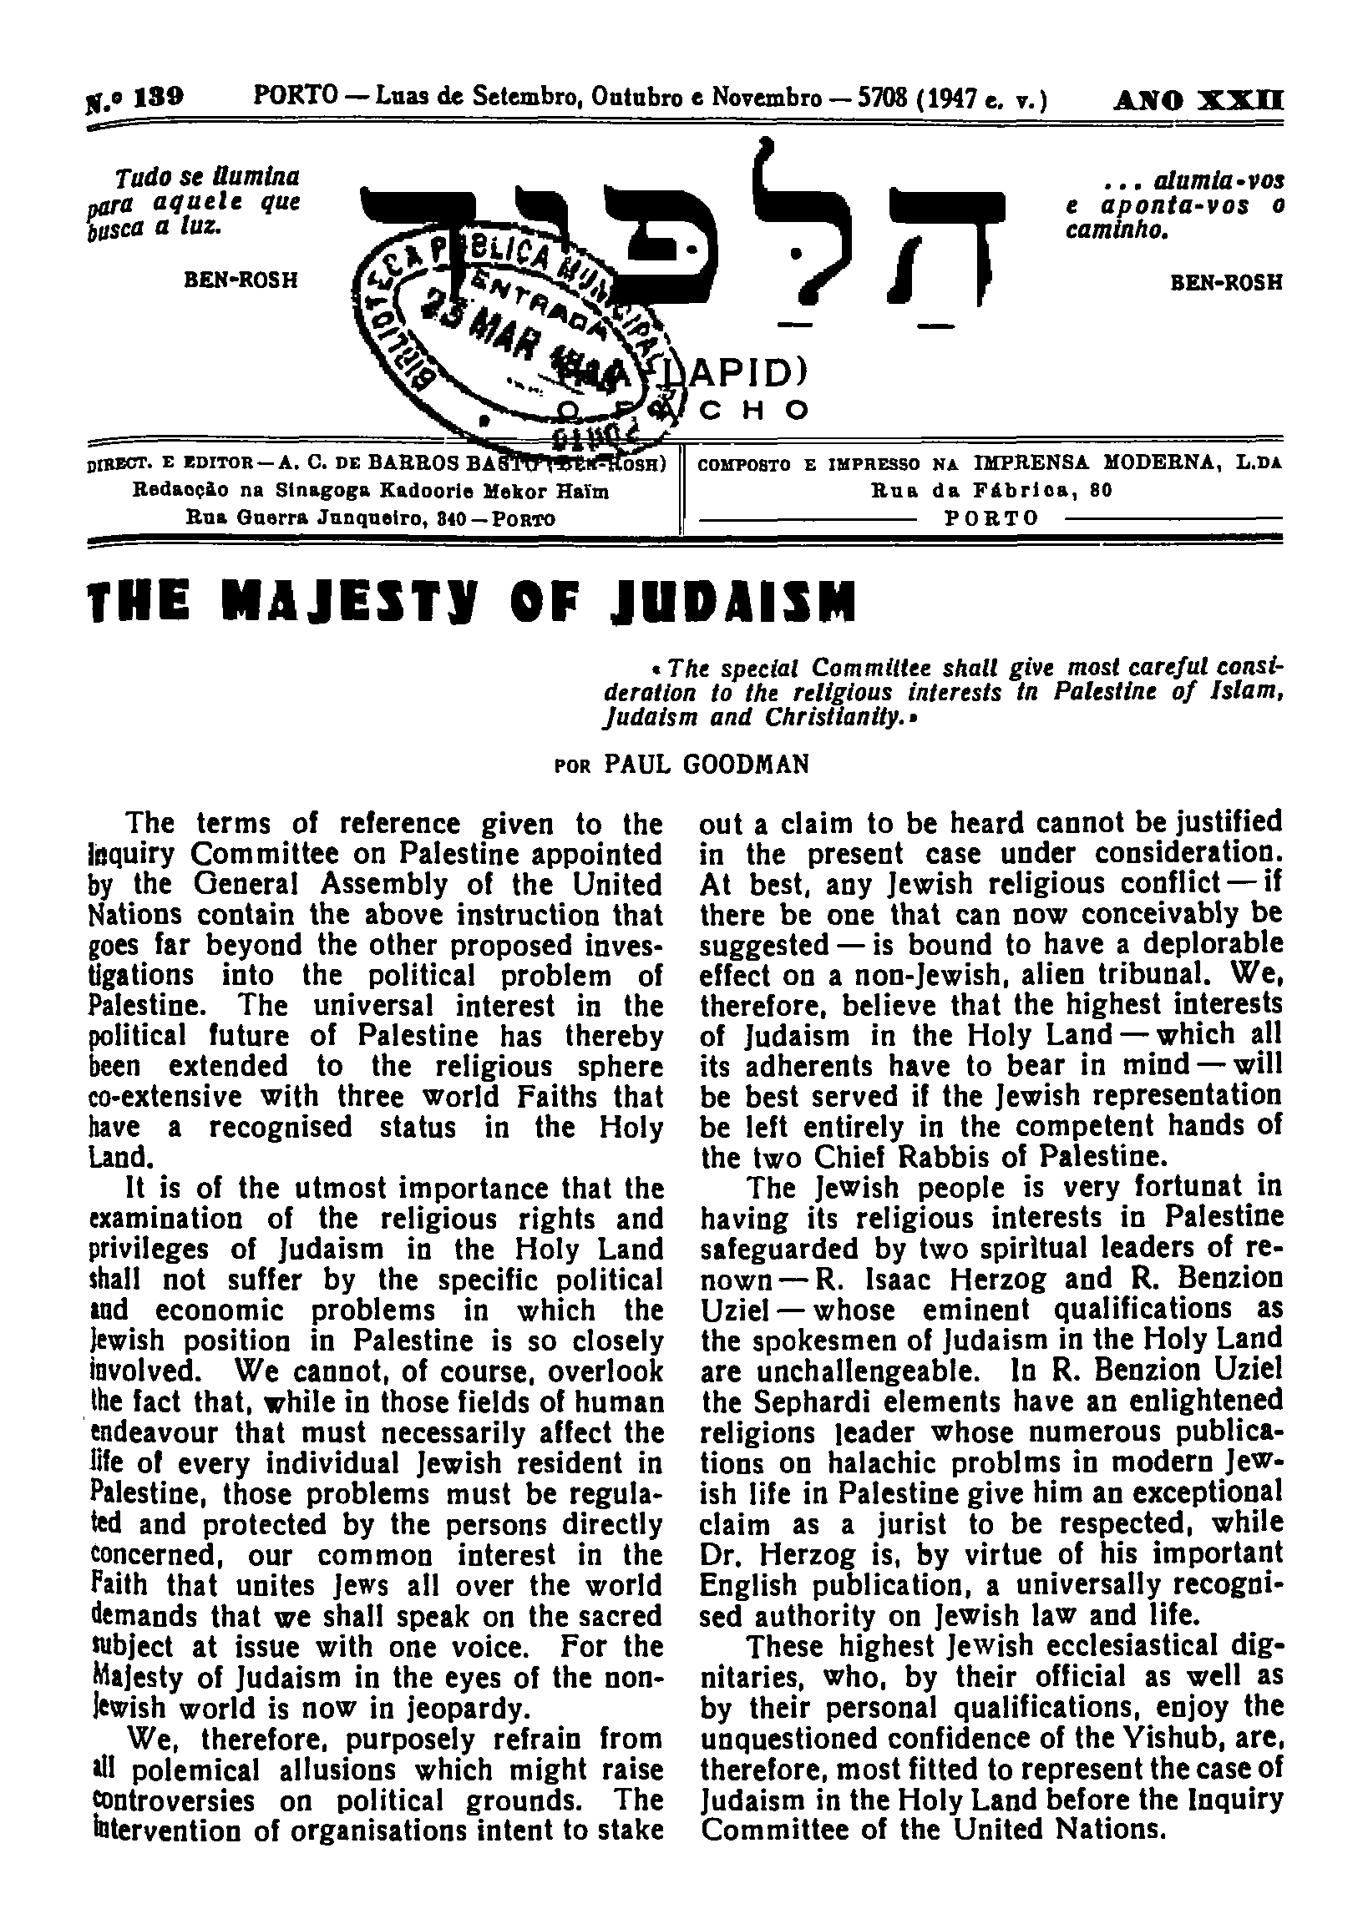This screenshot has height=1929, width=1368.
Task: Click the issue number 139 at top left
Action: pyautogui.click(x=159, y=98)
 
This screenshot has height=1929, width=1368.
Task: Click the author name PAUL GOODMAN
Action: pyautogui.click(x=707, y=764)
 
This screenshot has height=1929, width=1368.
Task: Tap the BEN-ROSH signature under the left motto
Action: pyautogui.click(x=241, y=280)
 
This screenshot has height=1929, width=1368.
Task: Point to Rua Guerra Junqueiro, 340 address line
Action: pyautogui.click(x=371, y=518)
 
